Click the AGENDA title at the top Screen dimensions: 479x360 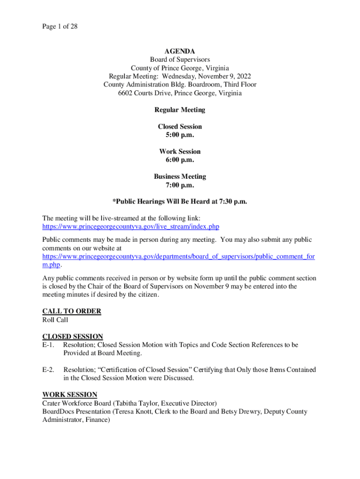(x=180, y=51)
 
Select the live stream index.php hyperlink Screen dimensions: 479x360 (x=131, y=226)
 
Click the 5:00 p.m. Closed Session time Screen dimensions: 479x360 (x=180, y=135)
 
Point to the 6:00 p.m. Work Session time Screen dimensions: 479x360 (x=180, y=160)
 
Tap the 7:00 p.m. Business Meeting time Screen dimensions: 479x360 (x=180, y=185)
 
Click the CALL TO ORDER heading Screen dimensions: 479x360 (x=72, y=312)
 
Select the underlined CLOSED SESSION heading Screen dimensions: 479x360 (x=72, y=337)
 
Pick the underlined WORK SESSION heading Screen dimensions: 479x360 (x=70, y=395)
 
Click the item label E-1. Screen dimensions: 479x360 (x=48, y=345)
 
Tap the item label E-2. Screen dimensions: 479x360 (x=48, y=370)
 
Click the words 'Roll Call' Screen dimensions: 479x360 (x=55, y=320)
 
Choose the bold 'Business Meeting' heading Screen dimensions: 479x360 (x=180, y=177)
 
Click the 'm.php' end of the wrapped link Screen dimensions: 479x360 (x=51, y=265)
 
